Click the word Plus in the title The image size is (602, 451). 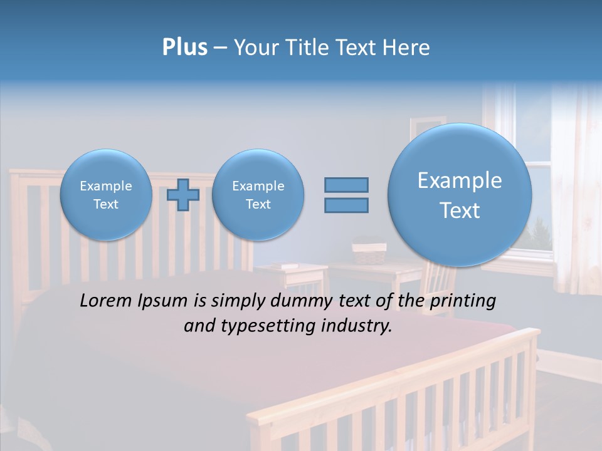coord(184,48)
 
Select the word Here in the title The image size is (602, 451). coord(408,48)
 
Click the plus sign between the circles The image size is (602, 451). coord(183,195)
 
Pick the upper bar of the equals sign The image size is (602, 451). coord(346,185)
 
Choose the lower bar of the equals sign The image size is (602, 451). coord(346,205)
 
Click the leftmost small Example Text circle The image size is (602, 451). coord(106,195)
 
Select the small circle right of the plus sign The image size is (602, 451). coord(258,195)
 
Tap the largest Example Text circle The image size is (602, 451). coord(460,195)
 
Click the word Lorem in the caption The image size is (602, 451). coord(107,301)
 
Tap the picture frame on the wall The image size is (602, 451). coord(427,125)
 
